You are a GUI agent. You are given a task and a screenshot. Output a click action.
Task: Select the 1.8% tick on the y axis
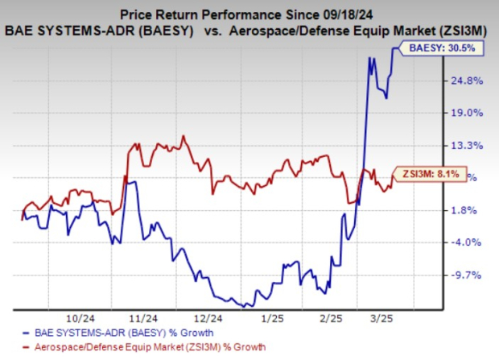(465, 210)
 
